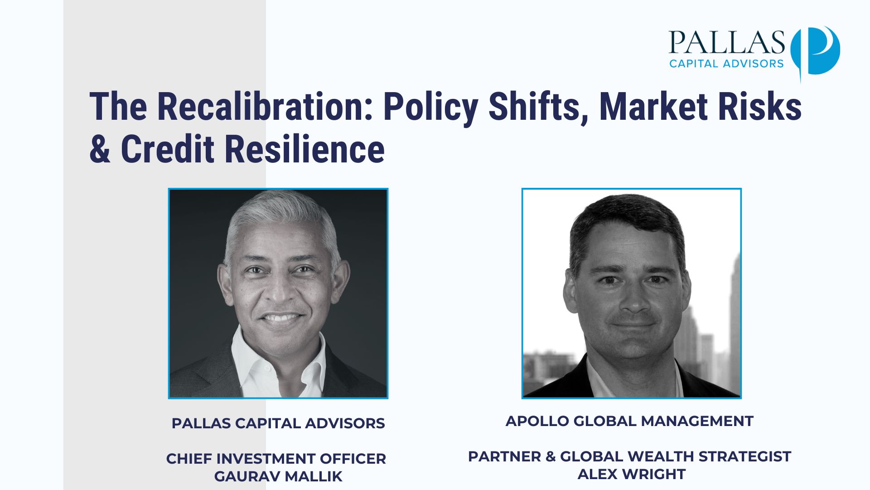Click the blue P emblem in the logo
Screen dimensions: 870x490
point(816,51)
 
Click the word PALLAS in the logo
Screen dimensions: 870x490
point(726,42)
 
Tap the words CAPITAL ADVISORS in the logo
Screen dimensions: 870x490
point(726,64)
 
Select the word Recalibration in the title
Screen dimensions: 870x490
point(265,107)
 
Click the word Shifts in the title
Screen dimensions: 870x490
point(539,108)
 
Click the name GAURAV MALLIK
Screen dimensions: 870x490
point(278,476)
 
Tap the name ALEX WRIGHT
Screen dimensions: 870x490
point(632,474)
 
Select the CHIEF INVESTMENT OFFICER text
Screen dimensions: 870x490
point(276,459)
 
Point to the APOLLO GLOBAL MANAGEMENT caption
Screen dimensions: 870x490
point(629,421)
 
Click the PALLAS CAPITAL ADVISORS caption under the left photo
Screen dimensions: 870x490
point(278,423)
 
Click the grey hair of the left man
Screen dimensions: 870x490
point(281,218)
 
